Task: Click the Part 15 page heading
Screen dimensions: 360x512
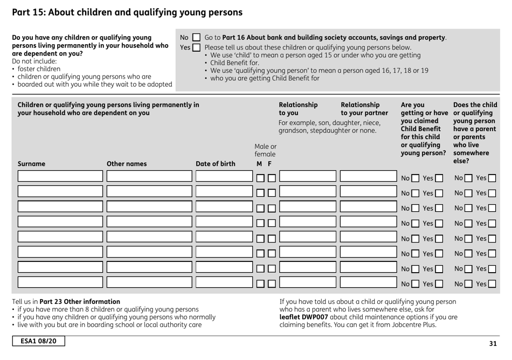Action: [x=127, y=11]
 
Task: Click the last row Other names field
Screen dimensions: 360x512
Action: [x=149, y=282]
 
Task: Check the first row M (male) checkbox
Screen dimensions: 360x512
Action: [x=260, y=178]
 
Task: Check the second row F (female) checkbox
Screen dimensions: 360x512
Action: [x=272, y=193]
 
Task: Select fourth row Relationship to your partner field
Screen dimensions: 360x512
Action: [x=367, y=221]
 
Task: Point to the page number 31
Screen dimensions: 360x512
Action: [x=493, y=343]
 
